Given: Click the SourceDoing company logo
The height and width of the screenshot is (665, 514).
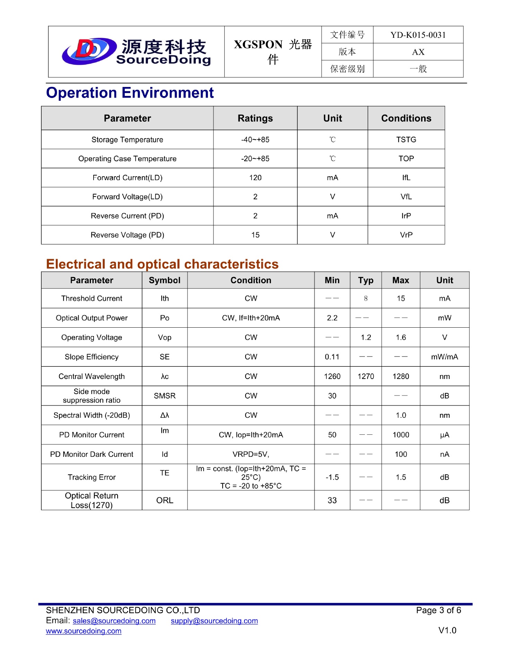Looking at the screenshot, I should coord(136,52).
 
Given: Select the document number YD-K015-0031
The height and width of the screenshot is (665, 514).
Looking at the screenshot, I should coord(418,35).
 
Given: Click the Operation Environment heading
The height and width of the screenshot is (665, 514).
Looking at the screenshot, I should coord(130,93).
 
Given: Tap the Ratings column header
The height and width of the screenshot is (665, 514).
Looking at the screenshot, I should coord(255,118).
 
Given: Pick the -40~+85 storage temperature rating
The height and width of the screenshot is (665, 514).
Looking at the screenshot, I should coord(255,140).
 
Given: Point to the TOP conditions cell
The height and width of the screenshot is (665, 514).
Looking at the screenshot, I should coord(406,159).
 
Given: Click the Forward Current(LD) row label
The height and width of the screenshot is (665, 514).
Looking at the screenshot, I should coord(127,178).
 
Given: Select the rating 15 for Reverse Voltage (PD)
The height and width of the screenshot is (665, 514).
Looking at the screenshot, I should coord(255,235).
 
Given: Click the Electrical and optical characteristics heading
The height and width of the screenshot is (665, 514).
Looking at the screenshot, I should coord(162,264).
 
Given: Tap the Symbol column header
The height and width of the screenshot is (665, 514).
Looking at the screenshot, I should coord(165,280).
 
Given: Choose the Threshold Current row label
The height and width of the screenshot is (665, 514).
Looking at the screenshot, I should coord(92,299).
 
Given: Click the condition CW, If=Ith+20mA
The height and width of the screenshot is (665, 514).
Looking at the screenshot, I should coord(251,318).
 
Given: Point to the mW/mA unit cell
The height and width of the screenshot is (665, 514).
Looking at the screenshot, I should coord(444,357).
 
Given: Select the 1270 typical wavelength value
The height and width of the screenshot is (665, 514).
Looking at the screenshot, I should coord(366,376).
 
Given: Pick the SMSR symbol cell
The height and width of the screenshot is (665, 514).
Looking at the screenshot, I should coord(165,396).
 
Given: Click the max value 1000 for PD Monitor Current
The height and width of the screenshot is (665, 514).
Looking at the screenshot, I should coord(401,435).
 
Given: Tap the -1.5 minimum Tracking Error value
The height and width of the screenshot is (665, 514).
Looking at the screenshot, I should coord(332,477).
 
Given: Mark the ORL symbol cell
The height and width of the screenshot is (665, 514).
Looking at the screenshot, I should coord(165,500).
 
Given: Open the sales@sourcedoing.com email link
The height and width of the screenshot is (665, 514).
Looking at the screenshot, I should coord(114,621).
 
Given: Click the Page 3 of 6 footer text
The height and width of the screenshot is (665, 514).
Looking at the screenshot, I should coord(438,610).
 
